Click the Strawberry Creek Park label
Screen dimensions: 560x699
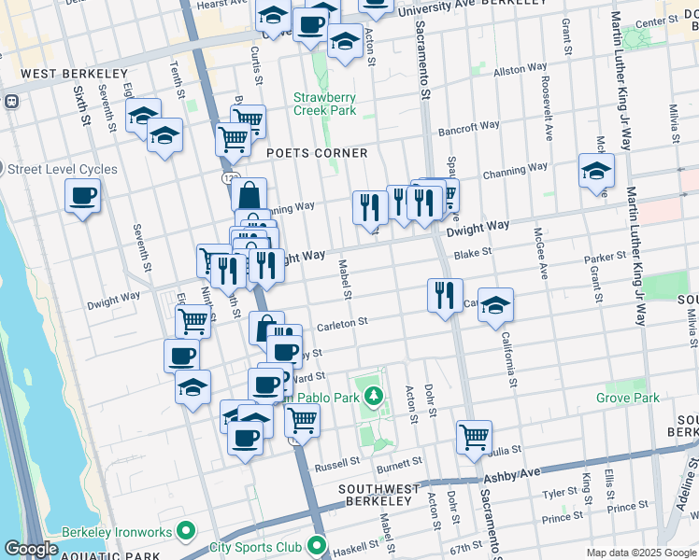(324, 104)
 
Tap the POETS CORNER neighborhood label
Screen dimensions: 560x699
(317, 152)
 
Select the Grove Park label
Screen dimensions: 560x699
(628, 398)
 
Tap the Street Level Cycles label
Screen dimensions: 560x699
(63, 169)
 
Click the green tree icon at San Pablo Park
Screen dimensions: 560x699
(374, 398)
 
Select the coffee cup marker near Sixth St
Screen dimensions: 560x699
(82, 196)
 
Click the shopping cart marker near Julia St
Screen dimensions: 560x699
(474, 435)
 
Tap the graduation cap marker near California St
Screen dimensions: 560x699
(496, 305)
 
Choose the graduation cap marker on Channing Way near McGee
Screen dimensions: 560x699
(596, 171)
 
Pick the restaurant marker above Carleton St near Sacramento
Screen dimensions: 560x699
(445, 295)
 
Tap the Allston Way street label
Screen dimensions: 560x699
(520, 70)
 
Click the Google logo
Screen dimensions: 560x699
(31, 549)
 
